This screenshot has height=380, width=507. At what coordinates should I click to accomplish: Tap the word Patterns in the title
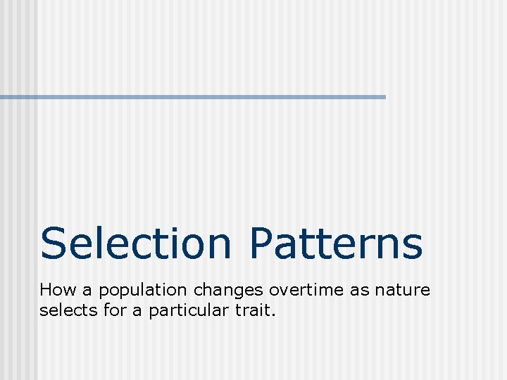point(335,243)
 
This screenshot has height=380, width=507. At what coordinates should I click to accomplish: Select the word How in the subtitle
point(55,290)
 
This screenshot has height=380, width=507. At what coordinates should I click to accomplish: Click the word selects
point(64,310)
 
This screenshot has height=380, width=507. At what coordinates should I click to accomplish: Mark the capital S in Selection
point(54,243)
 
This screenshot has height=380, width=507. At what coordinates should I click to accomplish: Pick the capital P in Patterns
point(262,243)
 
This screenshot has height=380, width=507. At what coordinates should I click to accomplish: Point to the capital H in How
point(46,290)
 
